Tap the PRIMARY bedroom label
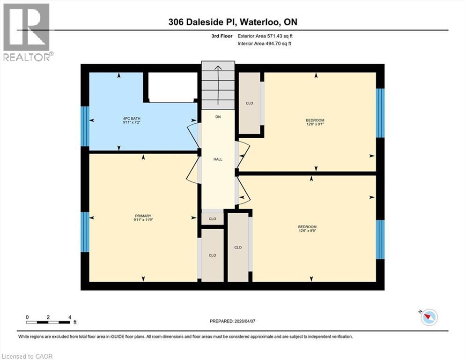(x=143, y=216)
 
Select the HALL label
(x=218, y=159)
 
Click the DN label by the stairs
(x=218, y=117)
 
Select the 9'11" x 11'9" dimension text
(x=143, y=219)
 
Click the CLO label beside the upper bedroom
(x=250, y=103)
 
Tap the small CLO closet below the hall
(x=212, y=219)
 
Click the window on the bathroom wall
(x=85, y=127)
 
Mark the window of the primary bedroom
(x=85, y=232)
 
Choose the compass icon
(x=428, y=317)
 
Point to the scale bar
(x=49, y=322)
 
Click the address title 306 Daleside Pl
(x=232, y=22)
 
